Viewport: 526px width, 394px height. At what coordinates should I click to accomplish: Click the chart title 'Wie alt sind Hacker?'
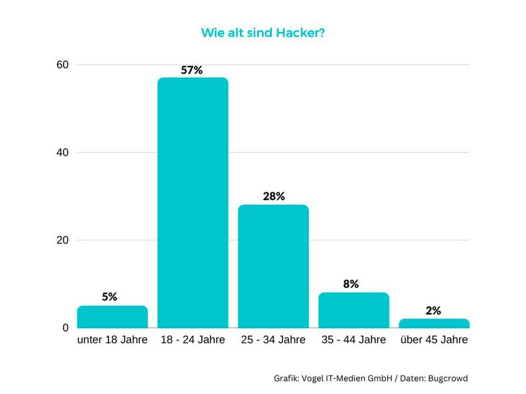(x=263, y=32)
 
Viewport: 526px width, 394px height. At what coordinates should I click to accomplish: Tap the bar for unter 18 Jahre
(x=112, y=317)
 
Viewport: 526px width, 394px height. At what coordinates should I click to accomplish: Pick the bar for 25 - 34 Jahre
(x=273, y=266)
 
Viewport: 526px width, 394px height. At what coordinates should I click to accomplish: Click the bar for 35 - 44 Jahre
(x=354, y=310)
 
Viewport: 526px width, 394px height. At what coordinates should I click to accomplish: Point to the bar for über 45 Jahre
(x=434, y=323)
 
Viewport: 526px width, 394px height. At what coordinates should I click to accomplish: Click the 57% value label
(x=193, y=70)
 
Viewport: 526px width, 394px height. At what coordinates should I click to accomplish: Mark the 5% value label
(x=110, y=297)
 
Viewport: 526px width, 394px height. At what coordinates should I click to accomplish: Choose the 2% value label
(x=433, y=311)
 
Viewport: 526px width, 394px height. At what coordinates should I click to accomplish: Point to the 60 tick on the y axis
(x=62, y=65)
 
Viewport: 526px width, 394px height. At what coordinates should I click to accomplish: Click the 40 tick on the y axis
(x=62, y=152)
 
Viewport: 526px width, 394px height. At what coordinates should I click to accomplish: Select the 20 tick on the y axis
(x=62, y=240)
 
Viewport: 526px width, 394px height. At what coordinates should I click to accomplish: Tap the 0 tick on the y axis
(x=66, y=328)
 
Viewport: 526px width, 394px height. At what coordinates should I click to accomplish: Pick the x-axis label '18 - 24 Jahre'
(x=193, y=340)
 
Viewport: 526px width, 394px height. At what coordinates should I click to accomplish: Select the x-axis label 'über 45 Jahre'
(x=434, y=340)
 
